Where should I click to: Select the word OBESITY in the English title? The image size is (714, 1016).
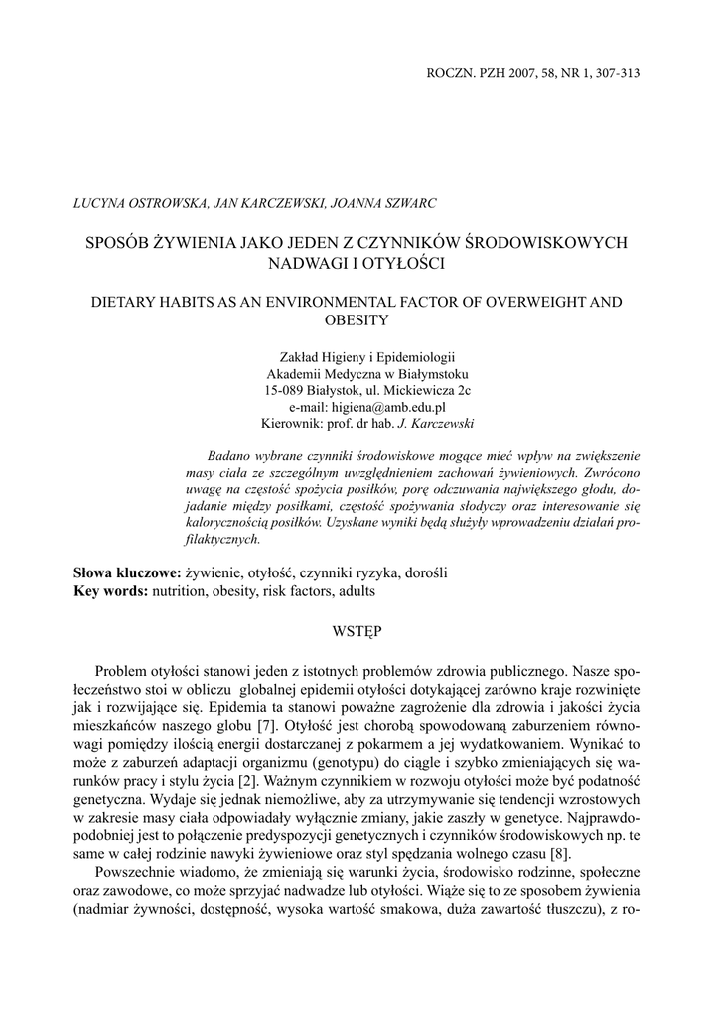[357, 320]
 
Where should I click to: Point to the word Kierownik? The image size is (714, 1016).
[289, 423]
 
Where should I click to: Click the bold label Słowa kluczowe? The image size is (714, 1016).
[126, 573]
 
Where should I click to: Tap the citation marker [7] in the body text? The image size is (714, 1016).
[265, 724]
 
